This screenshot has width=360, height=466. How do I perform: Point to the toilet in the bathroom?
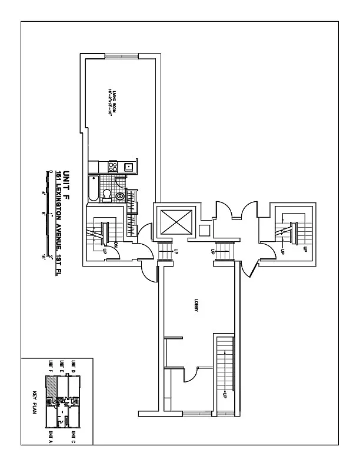click(x=107, y=195)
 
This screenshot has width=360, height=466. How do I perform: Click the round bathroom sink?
click(x=121, y=197)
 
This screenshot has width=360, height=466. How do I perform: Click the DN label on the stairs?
click(x=116, y=245)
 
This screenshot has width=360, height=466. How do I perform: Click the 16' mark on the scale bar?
click(x=44, y=257)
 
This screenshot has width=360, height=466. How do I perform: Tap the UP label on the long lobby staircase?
click(x=224, y=395)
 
